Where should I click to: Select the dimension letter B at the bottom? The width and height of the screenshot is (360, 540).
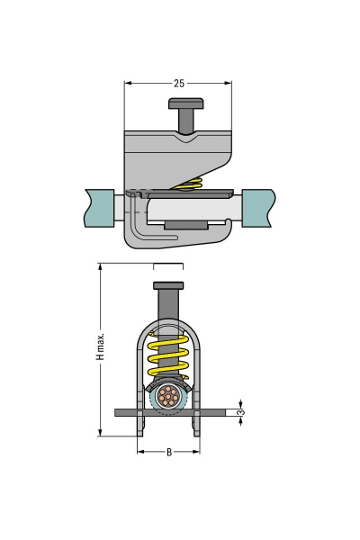[x=168, y=451]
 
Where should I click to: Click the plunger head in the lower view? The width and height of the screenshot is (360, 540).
[x=168, y=286]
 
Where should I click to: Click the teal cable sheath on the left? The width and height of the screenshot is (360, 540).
[x=100, y=207]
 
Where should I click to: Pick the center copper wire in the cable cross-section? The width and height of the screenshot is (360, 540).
[x=168, y=396]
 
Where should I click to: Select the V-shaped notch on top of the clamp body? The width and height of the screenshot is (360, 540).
[x=187, y=139]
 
